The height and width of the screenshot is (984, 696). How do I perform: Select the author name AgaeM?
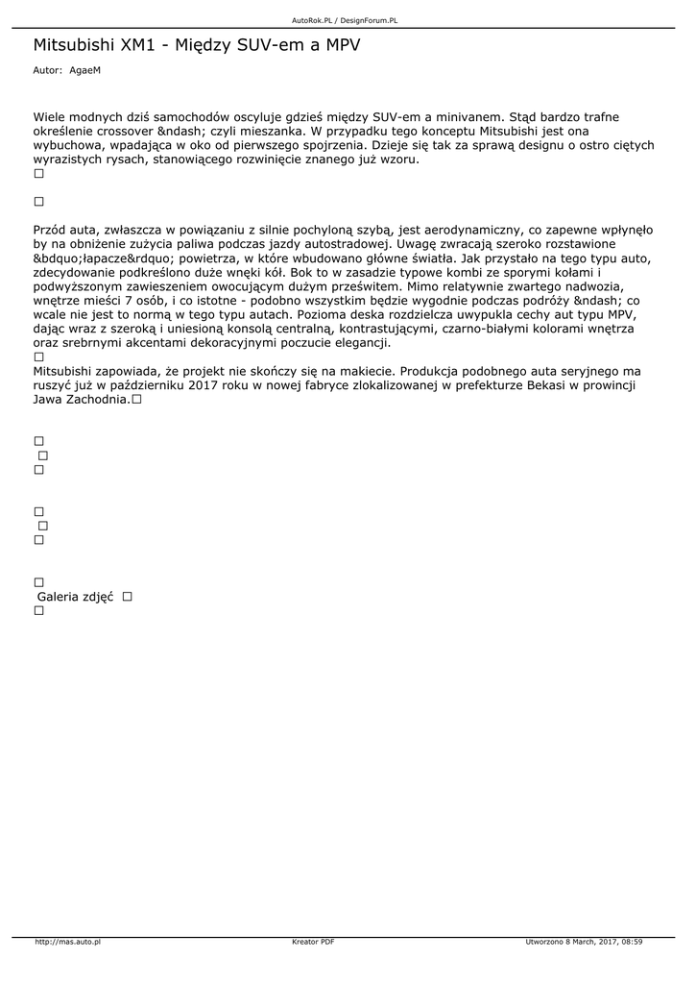coord(84,70)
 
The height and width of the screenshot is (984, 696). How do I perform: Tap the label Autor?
coord(47,70)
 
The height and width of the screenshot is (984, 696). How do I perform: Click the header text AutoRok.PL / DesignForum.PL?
coord(345,20)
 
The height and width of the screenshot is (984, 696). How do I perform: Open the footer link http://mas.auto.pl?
coord(68,942)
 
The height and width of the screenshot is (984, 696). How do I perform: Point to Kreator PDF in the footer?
coord(313,942)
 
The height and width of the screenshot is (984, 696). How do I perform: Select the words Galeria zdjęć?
coord(75,597)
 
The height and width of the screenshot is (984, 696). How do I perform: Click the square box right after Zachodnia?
coord(137,400)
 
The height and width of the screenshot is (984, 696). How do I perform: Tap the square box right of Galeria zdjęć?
coord(127,597)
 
